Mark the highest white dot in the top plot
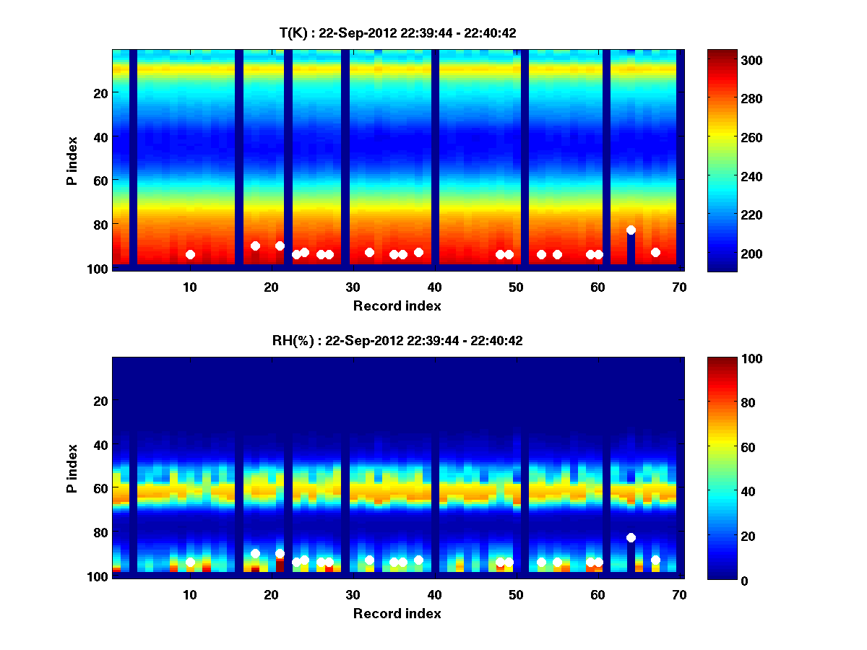[631, 230]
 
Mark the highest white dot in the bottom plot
[631, 537]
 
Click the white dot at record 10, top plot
[190, 254]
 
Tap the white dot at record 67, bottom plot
[655, 560]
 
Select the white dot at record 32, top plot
[369, 252]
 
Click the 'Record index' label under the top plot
[397, 305]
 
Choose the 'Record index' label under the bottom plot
[397, 613]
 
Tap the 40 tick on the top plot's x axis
[434, 287]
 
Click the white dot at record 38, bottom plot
[418, 560]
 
